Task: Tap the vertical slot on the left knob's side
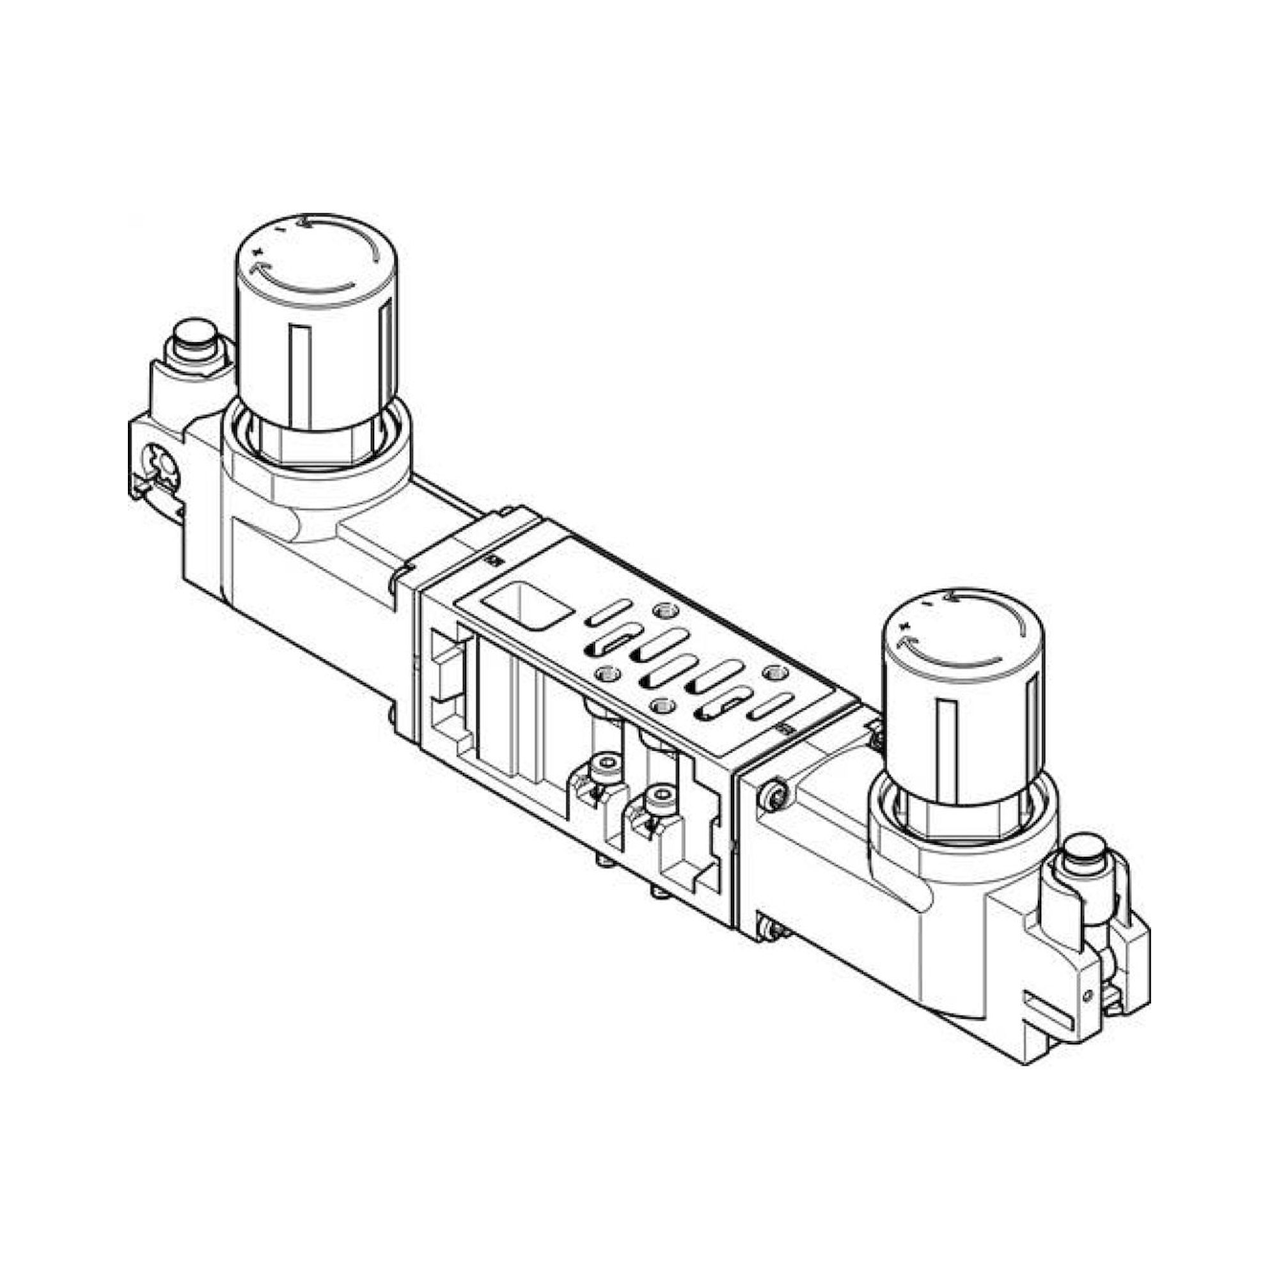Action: [x=300, y=377]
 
